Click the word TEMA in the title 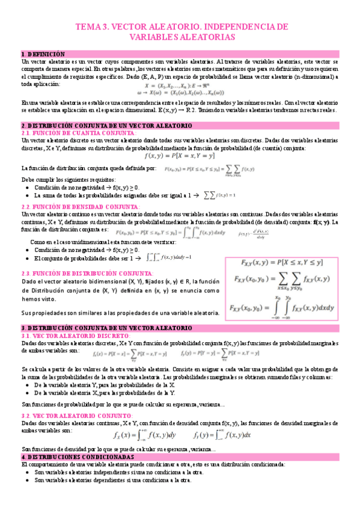88,27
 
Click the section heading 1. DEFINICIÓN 43,54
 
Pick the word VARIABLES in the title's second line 154,37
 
